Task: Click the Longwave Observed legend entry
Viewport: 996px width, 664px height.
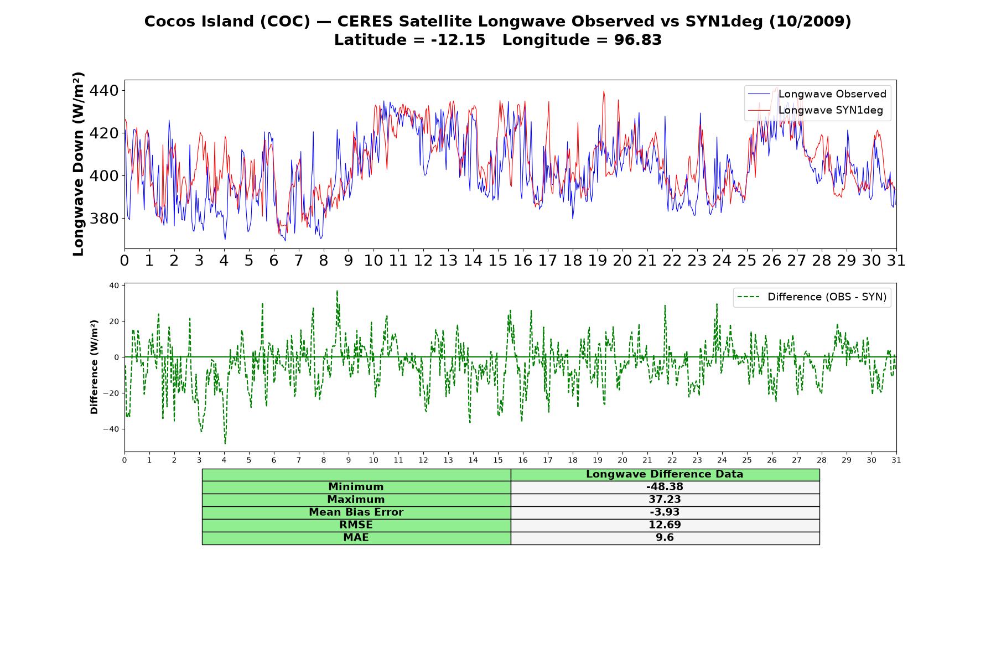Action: [817, 94]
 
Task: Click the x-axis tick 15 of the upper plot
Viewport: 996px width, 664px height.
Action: [497, 261]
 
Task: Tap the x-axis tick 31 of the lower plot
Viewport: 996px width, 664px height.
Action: [896, 460]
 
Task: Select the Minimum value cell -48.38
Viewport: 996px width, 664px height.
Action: [665, 487]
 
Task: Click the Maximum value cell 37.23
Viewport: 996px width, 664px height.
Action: [665, 500]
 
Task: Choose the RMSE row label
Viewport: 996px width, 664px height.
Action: [356, 525]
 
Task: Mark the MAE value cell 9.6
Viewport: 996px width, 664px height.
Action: [665, 537]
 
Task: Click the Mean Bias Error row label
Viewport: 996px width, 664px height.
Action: [356, 512]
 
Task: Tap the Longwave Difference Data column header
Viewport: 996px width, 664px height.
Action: [665, 474]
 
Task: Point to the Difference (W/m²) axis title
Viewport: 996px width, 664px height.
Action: [94, 367]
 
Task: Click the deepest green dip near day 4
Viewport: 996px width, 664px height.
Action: [225, 443]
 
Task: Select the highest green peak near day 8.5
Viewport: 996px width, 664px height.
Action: [336, 291]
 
